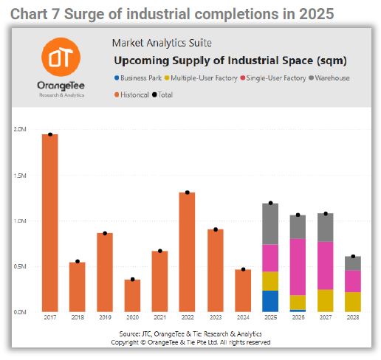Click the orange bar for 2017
(x=50, y=223)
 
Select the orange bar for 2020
(x=132, y=296)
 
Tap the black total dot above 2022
(x=188, y=193)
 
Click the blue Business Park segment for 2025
(x=270, y=301)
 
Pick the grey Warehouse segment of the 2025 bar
(x=270, y=224)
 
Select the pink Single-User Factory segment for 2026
(x=298, y=267)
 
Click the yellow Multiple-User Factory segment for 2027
(x=326, y=300)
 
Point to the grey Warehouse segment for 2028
(x=353, y=263)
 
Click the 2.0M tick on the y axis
(x=20, y=129)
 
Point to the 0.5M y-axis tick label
(x=20, y=266)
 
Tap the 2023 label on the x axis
(x=216, y=317)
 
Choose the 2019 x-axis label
(x=105, y=317)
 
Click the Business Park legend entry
(x=138, y=78)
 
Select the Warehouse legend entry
(x=329, y=78)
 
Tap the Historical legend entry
(x=131, y=94)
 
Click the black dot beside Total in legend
(x=154, y=94)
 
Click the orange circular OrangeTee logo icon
(x=61, y=57)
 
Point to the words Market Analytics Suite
(x=162, y=43)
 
